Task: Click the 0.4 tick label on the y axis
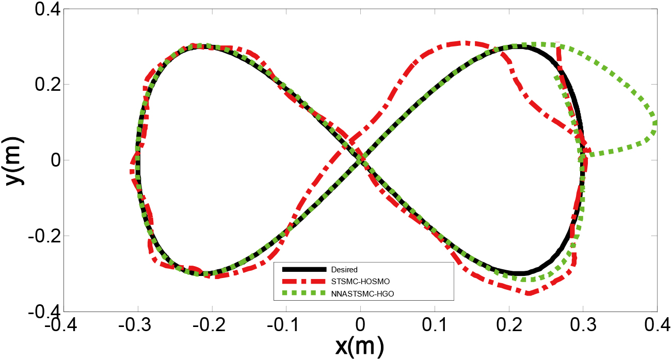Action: coord(48,9)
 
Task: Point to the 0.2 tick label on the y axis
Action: coord(48,84)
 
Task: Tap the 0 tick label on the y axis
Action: coord(56,160)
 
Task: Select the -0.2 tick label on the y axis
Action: coord(45,236)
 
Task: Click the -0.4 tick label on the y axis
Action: coord(45,312)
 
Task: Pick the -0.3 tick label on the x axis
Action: coord(135,325)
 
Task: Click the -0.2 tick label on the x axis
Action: coord(209,325)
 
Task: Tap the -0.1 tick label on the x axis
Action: coord(283,325)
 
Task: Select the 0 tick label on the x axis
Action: coord(360,325)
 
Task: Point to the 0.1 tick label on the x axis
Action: coord(435,325)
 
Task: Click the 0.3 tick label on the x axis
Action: coord(583,325)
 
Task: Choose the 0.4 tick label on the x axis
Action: coord(658,325)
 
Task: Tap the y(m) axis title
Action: coord(14,161)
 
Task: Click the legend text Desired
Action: coord(344,270)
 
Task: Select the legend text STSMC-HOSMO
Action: coord(360,282)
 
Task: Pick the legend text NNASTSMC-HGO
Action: coord(362,294)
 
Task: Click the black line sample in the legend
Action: coord(304,269)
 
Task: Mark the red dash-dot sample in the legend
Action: coord(304,282)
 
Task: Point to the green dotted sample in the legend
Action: coord(304,293)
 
